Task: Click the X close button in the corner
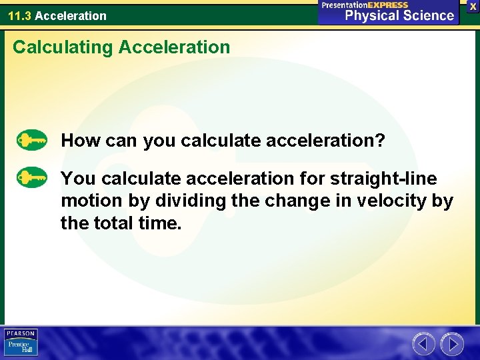click(473, 5)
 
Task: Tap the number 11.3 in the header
click(19, 15)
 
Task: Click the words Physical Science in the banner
click(399, 16)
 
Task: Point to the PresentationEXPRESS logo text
click(365, 5)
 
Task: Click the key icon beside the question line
click(32, 141)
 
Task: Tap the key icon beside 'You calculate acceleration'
click(32, 179)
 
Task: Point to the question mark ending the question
click(381, 141)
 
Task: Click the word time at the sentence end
click(159, 223)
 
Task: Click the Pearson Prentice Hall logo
click(21, 342)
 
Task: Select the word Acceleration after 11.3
click(71, 15)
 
